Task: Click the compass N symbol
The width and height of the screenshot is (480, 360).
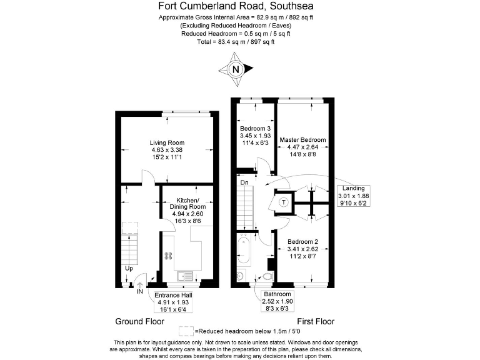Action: coord(235,70)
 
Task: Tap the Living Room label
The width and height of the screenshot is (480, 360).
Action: coord(167,149)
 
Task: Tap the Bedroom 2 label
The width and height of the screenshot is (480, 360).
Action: coord(302,248)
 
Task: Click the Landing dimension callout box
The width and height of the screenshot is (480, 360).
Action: coord(354,196)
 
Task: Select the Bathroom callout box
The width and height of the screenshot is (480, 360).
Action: coord(277,301)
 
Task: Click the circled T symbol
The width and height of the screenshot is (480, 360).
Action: coord(283,202)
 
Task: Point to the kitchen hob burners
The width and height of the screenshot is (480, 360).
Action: coord(168,255)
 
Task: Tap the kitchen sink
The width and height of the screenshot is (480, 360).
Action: coord(186,275)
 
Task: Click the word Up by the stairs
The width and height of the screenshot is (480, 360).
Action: coord(129,269)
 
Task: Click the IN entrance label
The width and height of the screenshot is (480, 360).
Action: coord(140,291)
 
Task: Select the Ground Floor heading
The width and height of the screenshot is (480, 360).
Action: coord(139,321)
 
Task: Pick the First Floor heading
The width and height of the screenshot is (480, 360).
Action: coord(316,321)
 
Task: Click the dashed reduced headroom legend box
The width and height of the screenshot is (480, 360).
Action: coord(186,331)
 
